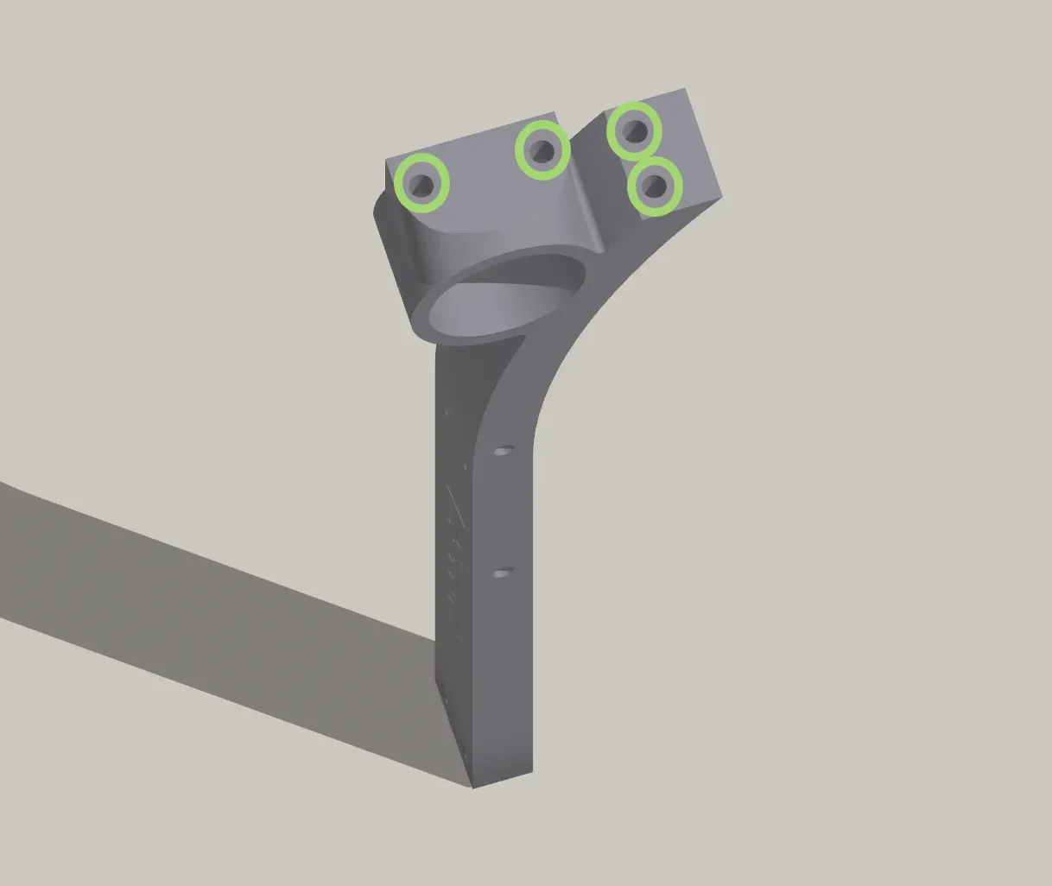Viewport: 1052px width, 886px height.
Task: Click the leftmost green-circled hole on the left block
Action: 422,183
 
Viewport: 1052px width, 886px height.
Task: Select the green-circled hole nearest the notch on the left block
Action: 542,151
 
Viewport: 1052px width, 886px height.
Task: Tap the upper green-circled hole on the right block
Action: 635,131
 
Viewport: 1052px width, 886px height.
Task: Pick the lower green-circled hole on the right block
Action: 655,186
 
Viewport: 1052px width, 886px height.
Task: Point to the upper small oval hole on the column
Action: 503,451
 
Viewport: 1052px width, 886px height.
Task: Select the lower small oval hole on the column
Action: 502,572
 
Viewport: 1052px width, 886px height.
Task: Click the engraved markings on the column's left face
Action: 453,544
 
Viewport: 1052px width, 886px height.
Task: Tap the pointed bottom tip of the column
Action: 472,787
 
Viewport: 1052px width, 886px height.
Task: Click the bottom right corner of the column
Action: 531,772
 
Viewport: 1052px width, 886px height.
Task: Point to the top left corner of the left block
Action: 386,159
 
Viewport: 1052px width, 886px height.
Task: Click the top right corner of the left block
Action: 555,112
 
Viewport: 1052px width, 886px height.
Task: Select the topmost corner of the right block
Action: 686,89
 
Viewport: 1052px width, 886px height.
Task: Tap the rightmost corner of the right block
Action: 721,198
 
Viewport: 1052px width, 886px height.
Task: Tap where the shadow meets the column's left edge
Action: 435,640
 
